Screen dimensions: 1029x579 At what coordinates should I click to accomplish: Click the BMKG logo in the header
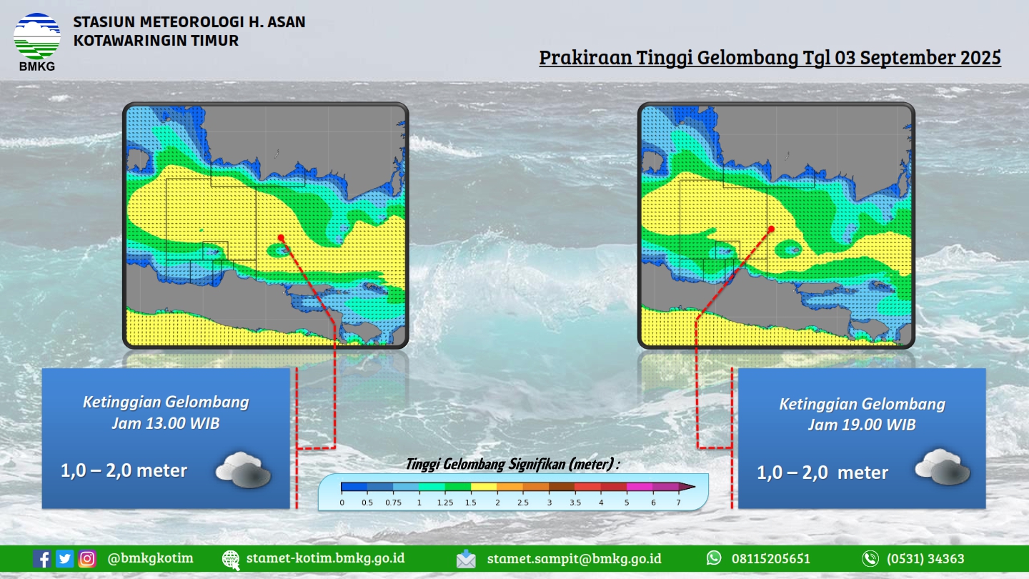click(x=36, y=41)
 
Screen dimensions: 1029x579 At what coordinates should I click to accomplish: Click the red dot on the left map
click(x=281, y=237)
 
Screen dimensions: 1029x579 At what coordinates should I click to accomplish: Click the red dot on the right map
click(x=771, y=229)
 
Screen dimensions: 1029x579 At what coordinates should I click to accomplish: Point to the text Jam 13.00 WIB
click(x=166, y=423)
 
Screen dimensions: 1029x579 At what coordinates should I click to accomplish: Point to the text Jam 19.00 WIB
click(x=862, y=425)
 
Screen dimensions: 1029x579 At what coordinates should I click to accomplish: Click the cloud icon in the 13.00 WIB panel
click(x=244, y=470)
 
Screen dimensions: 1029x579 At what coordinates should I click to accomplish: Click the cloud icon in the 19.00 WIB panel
click(x=942, y=467)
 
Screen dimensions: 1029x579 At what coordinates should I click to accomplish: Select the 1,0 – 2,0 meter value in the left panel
click(x=124, y=470)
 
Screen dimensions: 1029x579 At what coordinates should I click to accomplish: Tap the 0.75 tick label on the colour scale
click(x=393, y=503)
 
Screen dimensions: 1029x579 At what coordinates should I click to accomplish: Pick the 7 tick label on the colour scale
click(x=678, y=503)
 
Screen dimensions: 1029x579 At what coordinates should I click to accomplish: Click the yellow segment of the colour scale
click(x=484, y=487)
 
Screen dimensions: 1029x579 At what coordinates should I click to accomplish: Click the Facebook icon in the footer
click(x=41, y=559)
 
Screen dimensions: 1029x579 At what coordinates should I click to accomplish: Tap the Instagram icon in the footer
click(x=87, y=559)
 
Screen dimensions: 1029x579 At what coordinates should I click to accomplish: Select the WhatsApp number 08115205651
click(x=771, y=559)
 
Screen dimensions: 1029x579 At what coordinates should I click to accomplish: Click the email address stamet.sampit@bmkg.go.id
click(x=575, y=559)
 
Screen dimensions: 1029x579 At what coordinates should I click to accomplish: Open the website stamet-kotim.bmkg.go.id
click(x=325, y=558)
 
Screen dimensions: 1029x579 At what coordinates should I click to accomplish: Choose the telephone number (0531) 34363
click(x=925, y=559)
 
